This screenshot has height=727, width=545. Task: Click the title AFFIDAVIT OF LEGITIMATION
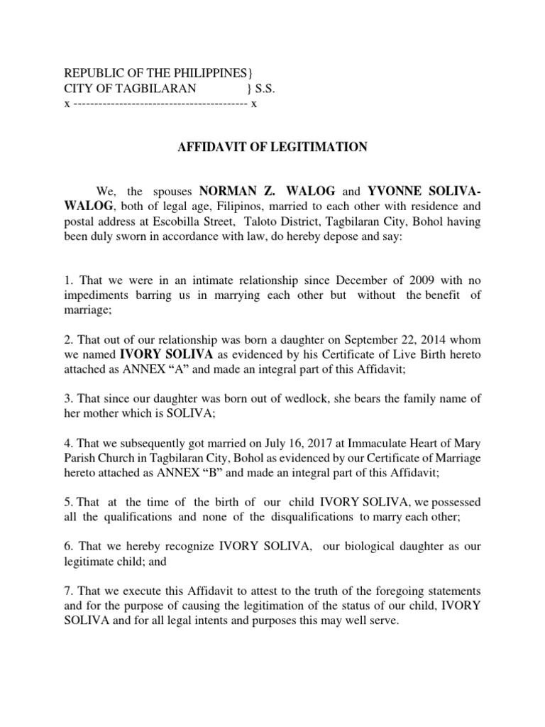[272, 147]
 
